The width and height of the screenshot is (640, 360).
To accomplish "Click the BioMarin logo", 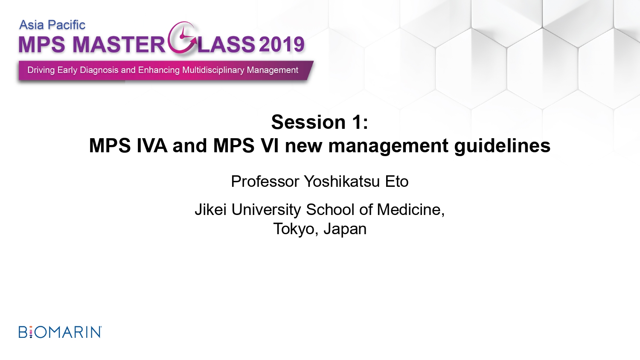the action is pos(60,332).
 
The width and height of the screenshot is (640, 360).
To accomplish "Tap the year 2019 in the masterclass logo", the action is pos(282,44).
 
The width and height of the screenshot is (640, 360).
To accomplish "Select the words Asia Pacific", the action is pos(52,25).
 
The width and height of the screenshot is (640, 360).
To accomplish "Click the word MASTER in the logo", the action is pos(119,44).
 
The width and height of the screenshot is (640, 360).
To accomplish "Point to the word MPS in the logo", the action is pos(42,44).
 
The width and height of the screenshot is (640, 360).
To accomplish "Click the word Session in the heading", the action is pos(308,122).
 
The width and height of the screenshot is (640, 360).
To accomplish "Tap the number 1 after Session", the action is pos(357,122).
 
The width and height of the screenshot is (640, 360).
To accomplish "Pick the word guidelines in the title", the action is pos(502,146).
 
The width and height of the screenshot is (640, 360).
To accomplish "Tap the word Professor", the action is pos(265,181).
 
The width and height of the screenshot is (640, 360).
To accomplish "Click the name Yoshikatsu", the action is pos(342,181).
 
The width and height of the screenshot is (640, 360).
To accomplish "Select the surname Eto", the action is pos(397,181).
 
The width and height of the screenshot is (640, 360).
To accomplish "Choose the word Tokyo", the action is pos(294,229).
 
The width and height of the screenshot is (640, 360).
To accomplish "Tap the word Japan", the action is pos(345,229).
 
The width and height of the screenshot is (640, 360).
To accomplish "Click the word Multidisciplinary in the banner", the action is pos(214,70).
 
